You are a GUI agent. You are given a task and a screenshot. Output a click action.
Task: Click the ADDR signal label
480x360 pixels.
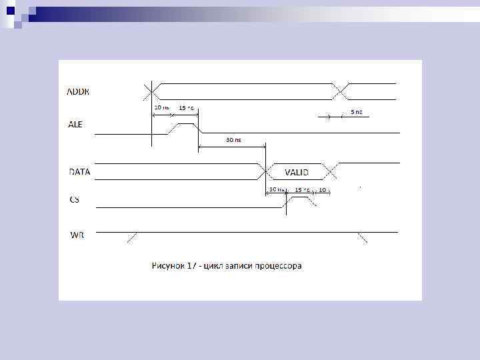(79, 92)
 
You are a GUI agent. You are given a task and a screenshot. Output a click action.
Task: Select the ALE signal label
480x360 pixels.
(76, 125)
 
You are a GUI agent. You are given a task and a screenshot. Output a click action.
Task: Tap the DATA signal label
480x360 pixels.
(80, 171)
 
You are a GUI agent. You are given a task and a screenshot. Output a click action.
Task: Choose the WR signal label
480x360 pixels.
(77, 235)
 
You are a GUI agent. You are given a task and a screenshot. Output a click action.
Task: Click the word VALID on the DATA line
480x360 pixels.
(297, 172)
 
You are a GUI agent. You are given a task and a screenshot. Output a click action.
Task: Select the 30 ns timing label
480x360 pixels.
(233, 141)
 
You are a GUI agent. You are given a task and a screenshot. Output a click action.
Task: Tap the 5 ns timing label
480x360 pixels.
(357, 112)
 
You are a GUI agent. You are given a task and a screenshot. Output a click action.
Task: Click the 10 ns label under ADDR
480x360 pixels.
(161, 107)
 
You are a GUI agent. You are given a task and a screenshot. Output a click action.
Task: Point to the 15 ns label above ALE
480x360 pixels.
(186, 108)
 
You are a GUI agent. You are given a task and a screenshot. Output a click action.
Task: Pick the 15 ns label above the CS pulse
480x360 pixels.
(301, 190)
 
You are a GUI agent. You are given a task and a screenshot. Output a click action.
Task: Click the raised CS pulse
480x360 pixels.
(299, 197)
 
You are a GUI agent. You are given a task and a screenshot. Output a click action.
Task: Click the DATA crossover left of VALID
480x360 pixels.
(265, 171)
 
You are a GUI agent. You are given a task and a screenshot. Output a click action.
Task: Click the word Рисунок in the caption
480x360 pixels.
(169, 265)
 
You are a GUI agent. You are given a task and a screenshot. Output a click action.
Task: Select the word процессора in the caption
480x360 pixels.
(277, 265)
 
